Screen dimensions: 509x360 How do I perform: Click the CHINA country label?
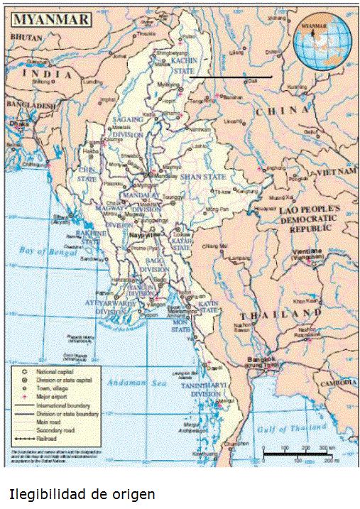pos(283,111)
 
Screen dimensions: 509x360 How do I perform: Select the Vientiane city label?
pos(305,252)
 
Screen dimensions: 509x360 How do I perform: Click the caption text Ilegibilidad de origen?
pos(82,493)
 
